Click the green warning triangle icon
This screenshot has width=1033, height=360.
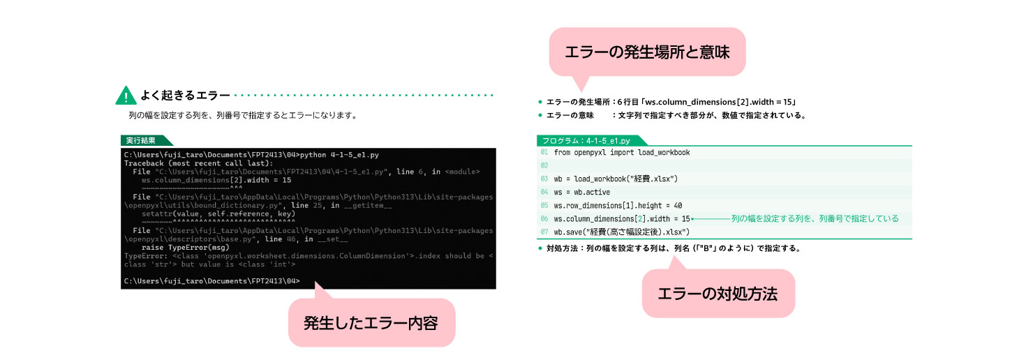click(x=126, y=96)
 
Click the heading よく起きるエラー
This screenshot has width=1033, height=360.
click(x=185, y=96)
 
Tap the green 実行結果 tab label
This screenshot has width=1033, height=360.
click(x=141, y=141)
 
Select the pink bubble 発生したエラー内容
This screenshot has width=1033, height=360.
click(x=371, y=322)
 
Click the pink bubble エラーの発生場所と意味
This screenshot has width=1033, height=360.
click(x=647, y=52)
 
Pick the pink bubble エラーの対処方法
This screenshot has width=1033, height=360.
click(x=718, y=294)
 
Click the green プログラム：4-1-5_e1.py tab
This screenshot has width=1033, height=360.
click(x=586, y=141)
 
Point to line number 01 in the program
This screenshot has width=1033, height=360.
click(x=544, y=153)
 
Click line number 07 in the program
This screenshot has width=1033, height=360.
click(x=544, y=232)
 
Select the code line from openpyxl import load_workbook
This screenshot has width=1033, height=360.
click(x=622, y=153)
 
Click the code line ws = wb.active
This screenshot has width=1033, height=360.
click(x=581, y=193)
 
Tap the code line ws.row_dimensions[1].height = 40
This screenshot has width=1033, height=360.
click(x=618, y=206)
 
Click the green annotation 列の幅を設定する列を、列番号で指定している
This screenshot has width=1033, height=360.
click(x=815, y=218)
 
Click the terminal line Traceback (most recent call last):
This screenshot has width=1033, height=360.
click(x=198, y=163)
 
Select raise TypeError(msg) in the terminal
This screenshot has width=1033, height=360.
click(x=186, y=248)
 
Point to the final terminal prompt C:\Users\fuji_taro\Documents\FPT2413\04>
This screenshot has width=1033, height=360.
click(x=211, y=280)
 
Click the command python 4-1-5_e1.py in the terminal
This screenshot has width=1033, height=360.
click(x=339, y=155)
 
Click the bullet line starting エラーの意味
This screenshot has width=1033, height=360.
click(x=672, y=115)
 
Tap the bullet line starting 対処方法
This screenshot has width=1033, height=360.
click(x=669, y=248)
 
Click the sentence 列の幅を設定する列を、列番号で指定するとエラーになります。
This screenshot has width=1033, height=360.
click(x=244, y=115)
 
